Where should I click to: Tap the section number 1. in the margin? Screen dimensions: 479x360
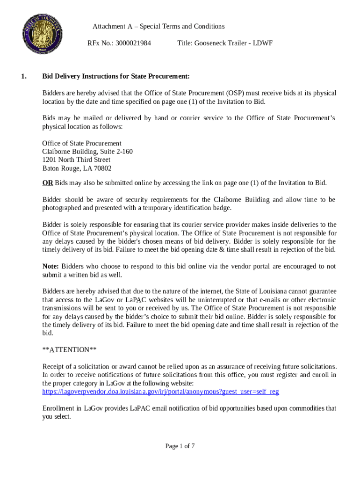click(24, 76)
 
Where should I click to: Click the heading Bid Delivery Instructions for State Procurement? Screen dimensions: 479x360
click(116, 76)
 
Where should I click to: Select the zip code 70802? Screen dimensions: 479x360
click(103, 168)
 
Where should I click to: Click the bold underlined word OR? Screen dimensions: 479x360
click(47, 183)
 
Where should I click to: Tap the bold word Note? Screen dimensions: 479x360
click(50, 267)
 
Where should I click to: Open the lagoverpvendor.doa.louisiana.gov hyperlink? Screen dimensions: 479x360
click(160, 392)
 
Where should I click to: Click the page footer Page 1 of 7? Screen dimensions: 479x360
click(180, 446)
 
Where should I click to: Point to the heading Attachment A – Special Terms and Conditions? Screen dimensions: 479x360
click(158, 27)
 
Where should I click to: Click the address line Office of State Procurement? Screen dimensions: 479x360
click(82, 143)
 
